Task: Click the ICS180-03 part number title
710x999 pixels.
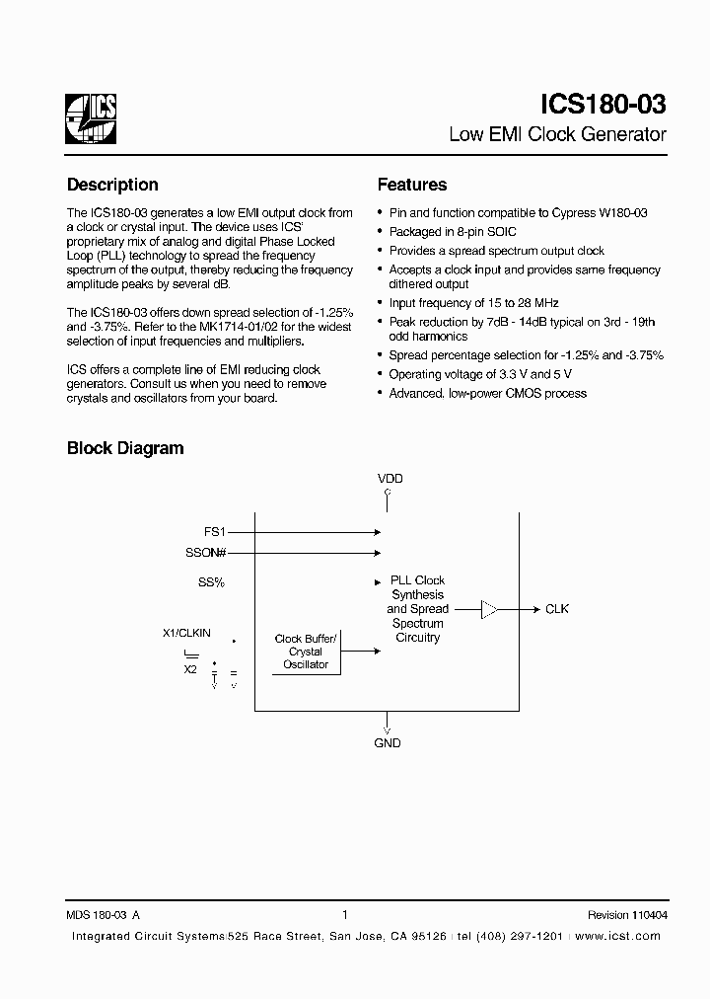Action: click(603, 106)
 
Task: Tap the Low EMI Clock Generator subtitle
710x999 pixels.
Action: click(557, 134)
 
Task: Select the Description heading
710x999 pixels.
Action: click(112, 185)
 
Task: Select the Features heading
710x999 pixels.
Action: click(412, 185)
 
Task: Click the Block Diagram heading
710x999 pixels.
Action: click(125, 448)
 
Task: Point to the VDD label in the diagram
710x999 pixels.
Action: click(390, 479)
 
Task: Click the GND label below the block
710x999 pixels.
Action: click(388, 743)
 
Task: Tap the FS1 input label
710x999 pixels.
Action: click(216, 531)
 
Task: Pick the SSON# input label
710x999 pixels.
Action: click(207, 554)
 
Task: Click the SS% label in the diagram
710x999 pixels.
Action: click(211, 582)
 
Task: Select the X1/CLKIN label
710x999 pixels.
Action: click(186, 633)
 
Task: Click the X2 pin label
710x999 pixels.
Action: click(190, 668)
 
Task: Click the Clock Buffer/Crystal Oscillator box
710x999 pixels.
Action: click(306, 652)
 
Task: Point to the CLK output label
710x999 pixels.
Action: click(557, 609)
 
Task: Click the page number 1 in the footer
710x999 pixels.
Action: click(344, 915)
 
